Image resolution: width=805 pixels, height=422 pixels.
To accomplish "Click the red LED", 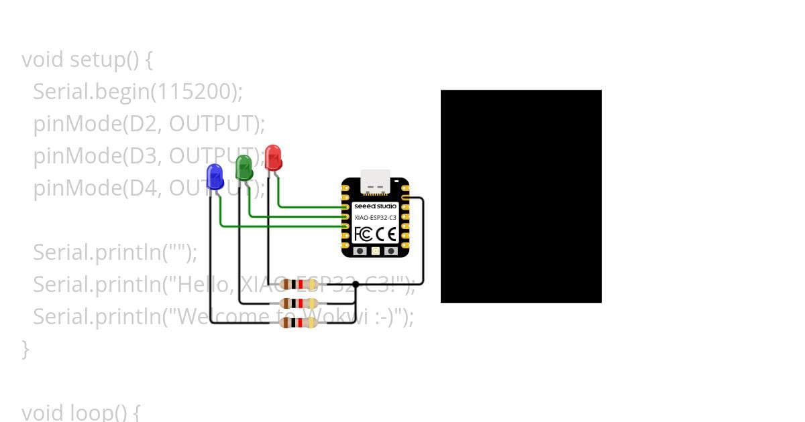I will [x=273, y=158].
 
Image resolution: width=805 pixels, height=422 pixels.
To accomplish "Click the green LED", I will [x=244, y=167].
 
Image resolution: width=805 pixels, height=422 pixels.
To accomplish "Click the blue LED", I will [x=215, y=177].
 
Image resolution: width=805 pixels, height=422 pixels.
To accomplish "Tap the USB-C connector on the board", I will [x=375, y=181].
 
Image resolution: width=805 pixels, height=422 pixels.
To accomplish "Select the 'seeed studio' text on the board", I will [x=375, y=206].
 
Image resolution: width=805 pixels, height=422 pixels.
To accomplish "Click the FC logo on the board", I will [x=363, y=234].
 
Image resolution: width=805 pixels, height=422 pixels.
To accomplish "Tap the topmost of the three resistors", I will [x=298, y=284].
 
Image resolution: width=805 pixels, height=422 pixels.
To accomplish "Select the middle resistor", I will [x=298, y=303].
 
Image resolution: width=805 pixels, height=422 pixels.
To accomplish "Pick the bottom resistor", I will [x=298, y=323].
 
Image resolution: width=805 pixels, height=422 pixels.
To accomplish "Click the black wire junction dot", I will [x=356, y=284].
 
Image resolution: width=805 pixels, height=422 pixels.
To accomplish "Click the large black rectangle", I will [x=521, y=196].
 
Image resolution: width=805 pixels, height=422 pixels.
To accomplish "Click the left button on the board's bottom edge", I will [x=360, y=251].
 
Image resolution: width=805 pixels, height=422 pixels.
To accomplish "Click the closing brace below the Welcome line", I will [x=25, y=348].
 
